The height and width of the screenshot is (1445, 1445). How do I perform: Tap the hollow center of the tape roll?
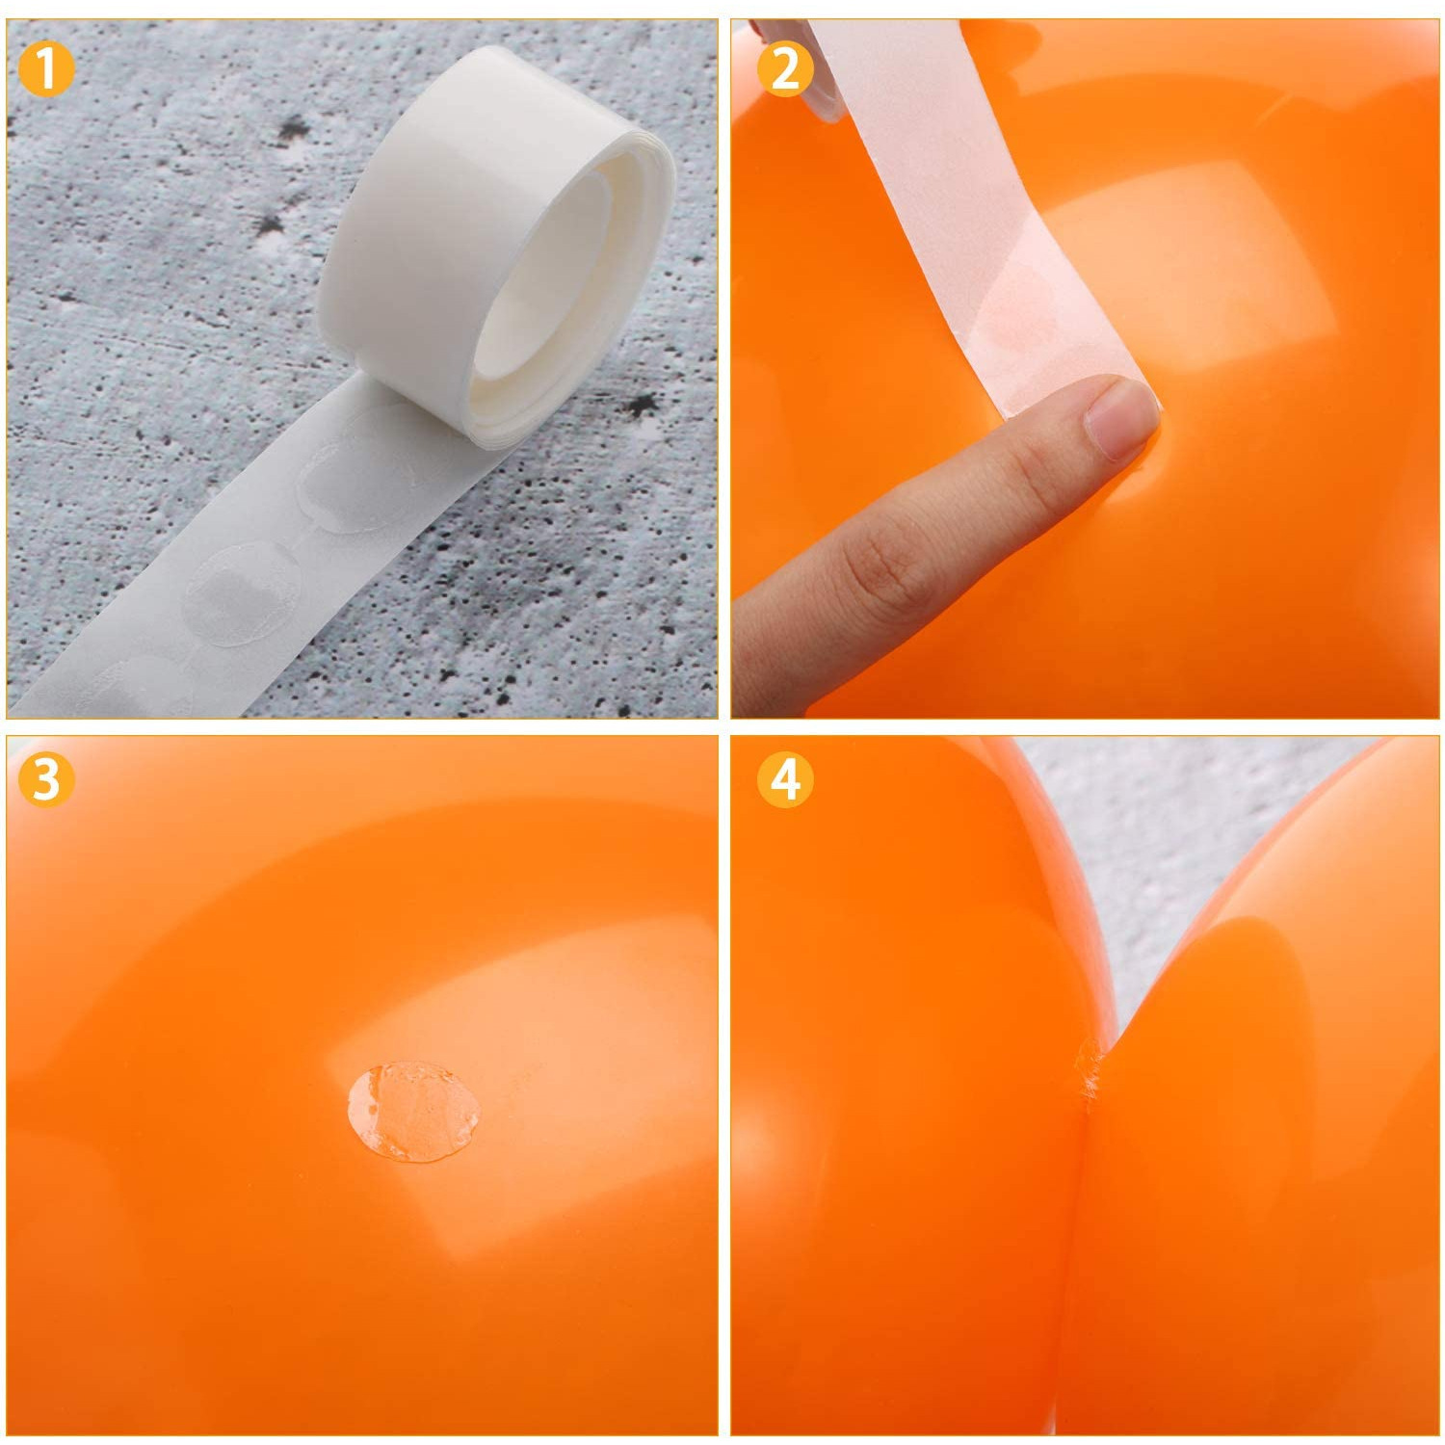tap(539, 289)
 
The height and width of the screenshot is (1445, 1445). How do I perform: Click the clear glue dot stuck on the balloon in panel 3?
tap(413, 1113)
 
